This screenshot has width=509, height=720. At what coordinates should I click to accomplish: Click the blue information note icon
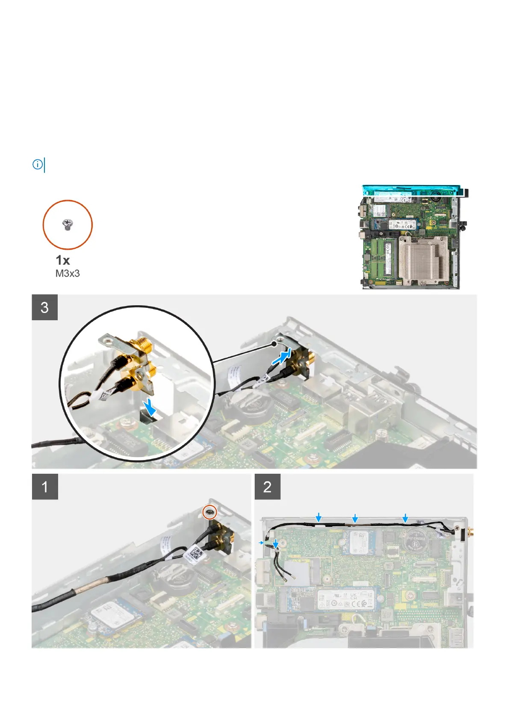(x=38, y=164)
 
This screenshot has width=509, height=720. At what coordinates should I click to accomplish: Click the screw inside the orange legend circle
(x=67, y=224)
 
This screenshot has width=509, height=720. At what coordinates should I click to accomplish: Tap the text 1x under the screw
(x=63, y=260)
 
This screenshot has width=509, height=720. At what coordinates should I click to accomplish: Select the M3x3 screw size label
(x=68, y=274)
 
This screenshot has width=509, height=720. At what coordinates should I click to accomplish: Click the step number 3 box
(x=44, y=307)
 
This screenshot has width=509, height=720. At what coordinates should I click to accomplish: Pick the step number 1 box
(x=45, y=487)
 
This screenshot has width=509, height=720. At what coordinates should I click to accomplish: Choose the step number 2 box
(x=268, y=487)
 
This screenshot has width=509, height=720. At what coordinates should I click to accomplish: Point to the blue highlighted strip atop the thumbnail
(x=412, y=189)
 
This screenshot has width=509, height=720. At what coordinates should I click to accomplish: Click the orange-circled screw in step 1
(x=210, y=511)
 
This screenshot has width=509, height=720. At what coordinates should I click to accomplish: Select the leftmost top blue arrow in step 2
(x=318, y=518)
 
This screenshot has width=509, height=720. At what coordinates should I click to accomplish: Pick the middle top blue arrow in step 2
(x=355, y=518)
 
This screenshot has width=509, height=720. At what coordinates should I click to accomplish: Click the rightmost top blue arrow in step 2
(x=405, y=518)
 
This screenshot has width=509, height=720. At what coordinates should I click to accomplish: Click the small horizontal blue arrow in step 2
(x=262, y=542)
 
